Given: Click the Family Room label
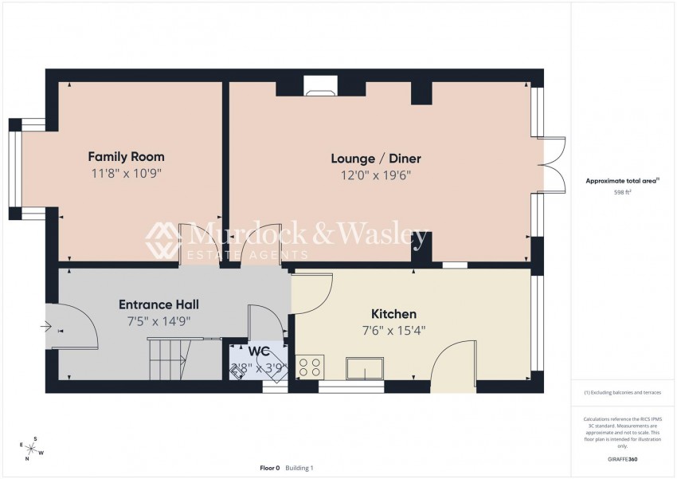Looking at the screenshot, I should click(x=126, y=156).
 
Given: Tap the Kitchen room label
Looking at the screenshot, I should click(x=393, y=314).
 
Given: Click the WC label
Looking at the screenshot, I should click(x=258, y=351).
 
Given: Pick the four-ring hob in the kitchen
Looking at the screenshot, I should click(x=309, y=367).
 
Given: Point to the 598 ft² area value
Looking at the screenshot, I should click(x=622, y=193).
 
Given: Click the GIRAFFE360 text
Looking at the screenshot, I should click(x=622, y=460).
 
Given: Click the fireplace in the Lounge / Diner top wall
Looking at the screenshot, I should click(x=320, y=86).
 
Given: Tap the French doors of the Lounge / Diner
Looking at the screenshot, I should click(x=554, y=164).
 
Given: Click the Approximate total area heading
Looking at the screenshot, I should click(x=622, y=181).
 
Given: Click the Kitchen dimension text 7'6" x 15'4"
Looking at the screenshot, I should click(x=393, y=329).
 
